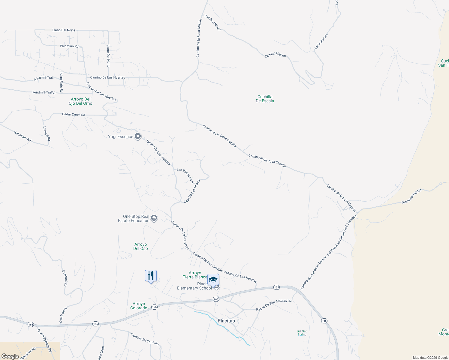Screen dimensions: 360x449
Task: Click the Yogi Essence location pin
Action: tap(138, 136)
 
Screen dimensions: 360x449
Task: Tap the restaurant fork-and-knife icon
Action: tap(151, 276)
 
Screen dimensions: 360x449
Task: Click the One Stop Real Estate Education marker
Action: tap(154, 218)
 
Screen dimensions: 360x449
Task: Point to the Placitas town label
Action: tap(226, 321)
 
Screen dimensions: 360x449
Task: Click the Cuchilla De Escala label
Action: tap(265, 99)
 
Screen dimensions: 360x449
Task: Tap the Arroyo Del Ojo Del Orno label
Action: tap(80, 101)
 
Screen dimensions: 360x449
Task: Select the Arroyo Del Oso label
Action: tap(140, 246)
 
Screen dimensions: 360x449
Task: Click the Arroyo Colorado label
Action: tap(139, 306)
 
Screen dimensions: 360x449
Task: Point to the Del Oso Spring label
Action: tap(302, 333)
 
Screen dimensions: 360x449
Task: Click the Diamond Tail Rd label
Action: tap(411, 196)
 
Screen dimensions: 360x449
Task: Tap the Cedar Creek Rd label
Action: tap(74, 114)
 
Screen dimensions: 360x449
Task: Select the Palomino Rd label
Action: tap(69, 46)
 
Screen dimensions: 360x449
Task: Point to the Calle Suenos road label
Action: tap(321, 41)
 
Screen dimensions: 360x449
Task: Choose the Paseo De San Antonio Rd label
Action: tap(274, 305)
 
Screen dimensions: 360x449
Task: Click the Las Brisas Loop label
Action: tap(185, 176)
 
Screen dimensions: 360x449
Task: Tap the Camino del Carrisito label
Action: tap(144, 339)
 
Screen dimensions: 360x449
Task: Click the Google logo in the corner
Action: tap(10, 356)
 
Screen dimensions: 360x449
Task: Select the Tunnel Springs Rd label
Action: tap(44, 340)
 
